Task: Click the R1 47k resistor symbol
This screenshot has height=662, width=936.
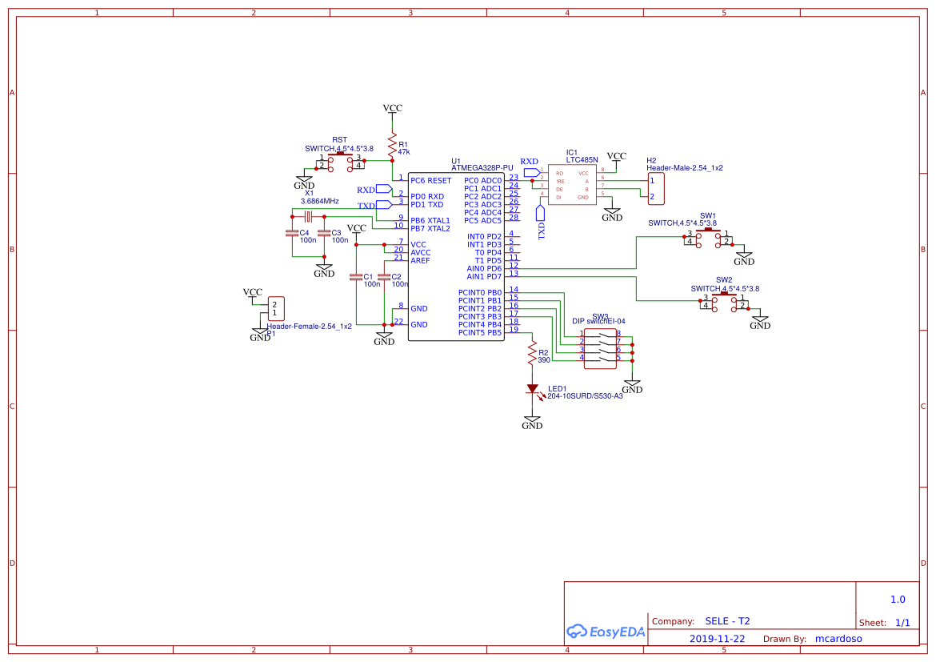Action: pyautogui.click(x=392, y=147)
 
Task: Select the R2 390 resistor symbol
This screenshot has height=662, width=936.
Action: pyautogui.click(x=531, y=352)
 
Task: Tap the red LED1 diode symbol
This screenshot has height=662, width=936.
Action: pyautogui.click(x=532, y=390)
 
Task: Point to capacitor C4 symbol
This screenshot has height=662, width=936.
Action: pyautogui.click(x=292, y=233)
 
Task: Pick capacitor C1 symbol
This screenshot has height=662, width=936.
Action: pyautogui.click(x=356, y=277)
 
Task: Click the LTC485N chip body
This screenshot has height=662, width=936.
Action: pyautogui.click(x=572, y=185)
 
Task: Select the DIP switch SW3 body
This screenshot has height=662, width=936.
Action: pyautogui.click(x=599, y=348)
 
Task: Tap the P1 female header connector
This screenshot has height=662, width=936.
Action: pyautogui.click(x=274, y=308)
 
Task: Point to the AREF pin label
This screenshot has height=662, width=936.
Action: pyautogui.click(x=420, y=261)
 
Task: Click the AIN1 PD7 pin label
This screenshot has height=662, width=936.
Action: pyautogui.click(x=484, y=277)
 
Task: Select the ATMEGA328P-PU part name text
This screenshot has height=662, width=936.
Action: pyautogui.click(x=482, y=168)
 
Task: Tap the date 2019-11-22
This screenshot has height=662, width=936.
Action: pyautogui.click(x=717, y=639)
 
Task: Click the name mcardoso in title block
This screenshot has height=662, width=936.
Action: pyautogui.click(x=838, y=639)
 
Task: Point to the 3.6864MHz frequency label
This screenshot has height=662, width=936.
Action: pyautogui.click(x=319, y=201)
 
